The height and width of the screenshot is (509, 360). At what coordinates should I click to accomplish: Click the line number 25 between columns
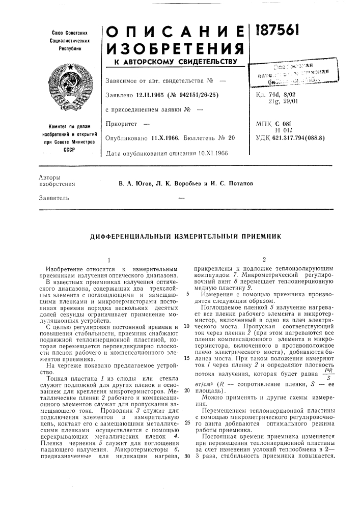pos(188,422)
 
